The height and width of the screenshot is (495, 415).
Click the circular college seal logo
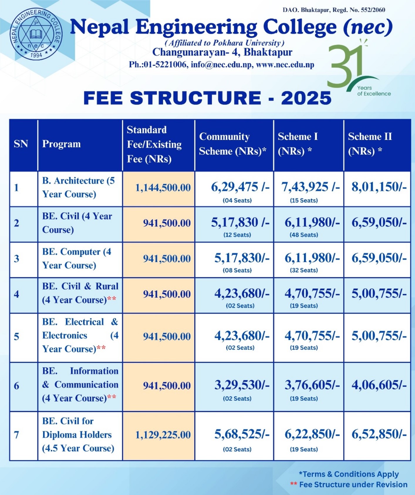(x=36, y=34)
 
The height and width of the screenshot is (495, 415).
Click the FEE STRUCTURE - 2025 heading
(x=207, y=98)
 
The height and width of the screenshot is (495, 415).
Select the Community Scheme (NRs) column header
(x=232, y=144)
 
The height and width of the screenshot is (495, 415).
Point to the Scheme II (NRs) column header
(x=370, y=144)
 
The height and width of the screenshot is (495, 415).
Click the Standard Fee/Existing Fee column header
(x=154, y=144)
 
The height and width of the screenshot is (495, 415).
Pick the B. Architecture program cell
(x=78, y=187)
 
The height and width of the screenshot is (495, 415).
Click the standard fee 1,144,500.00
(x=163, y=187)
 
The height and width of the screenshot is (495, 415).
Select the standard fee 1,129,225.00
(x=163, y=435)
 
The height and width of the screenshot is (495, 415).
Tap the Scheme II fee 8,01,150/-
(x=379, y=187)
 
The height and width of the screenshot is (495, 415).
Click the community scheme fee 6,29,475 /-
(x=240, y=187)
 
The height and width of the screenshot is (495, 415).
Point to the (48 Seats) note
(x=304, y=235)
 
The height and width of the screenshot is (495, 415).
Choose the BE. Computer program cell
(x=77, y=259)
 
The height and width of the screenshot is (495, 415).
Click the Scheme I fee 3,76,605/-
(x=312, y=385)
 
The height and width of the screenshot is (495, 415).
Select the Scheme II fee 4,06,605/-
(x=379, y=385)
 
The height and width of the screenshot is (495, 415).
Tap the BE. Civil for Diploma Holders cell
(x=78, y=435)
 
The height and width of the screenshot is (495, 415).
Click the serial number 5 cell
(x=17, y=336)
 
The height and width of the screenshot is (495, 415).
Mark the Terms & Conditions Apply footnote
(x=349, y=474)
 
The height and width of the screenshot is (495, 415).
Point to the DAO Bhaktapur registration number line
(x=334, y=10)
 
